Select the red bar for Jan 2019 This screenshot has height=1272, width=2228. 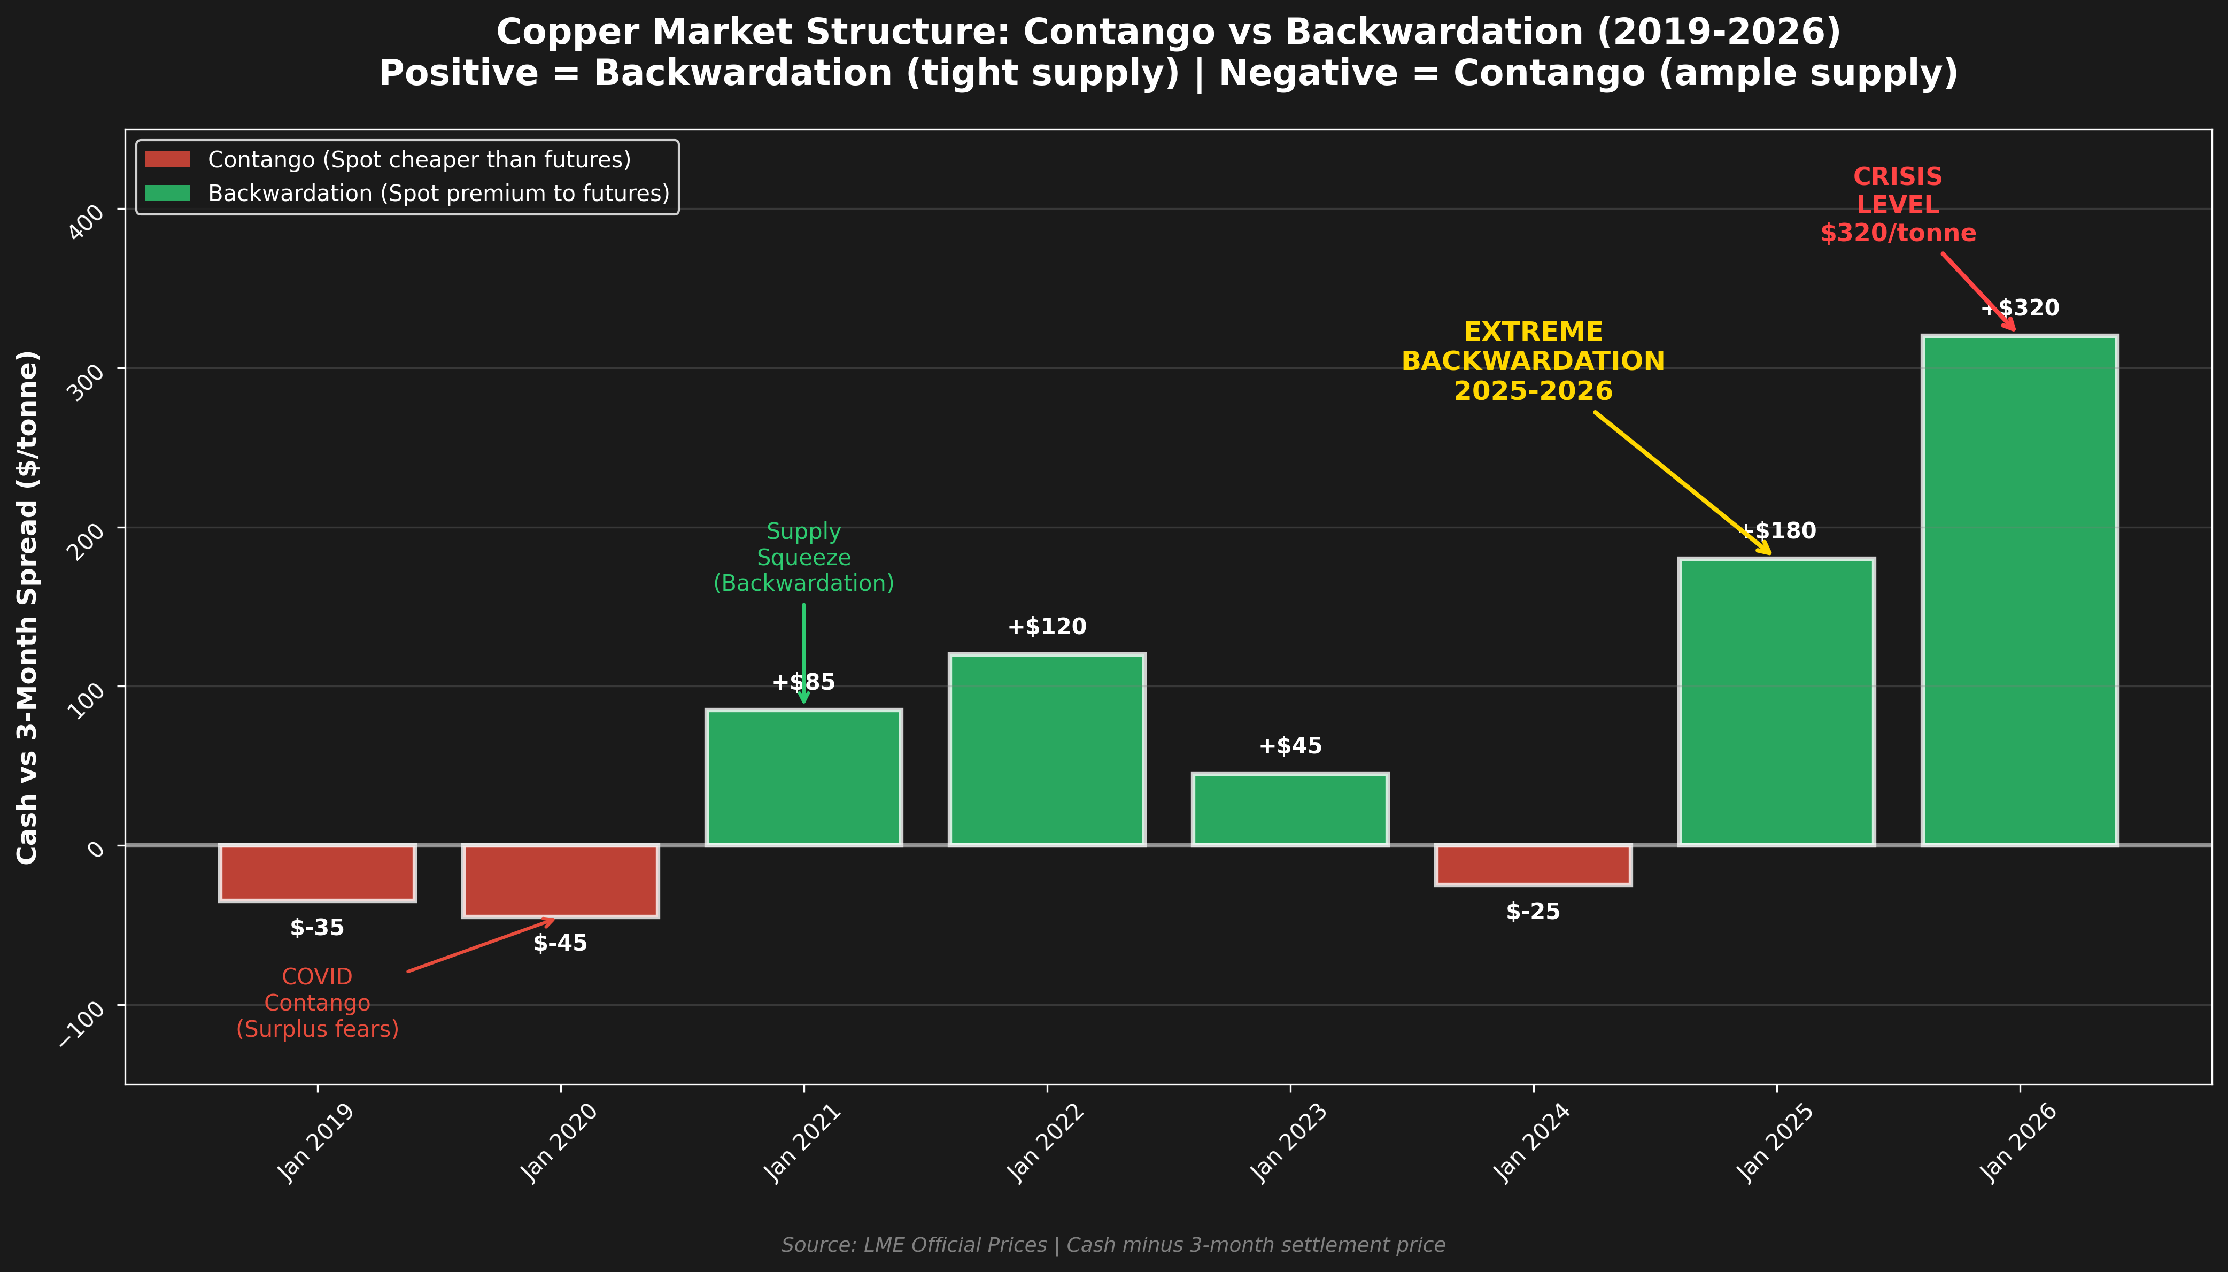(317, 872)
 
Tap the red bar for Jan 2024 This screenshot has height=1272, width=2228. (1533, 865)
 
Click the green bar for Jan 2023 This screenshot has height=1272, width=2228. (1290, 809)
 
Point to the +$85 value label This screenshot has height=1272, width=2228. (803, 682)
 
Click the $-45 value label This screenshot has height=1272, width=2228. (560, 944)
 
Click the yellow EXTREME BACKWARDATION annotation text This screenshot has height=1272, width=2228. (1533, 361)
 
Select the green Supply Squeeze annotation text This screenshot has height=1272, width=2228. (803, 557)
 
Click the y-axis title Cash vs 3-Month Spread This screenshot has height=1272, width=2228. (28, 607)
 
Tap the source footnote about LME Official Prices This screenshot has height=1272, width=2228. (1113, 1245)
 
